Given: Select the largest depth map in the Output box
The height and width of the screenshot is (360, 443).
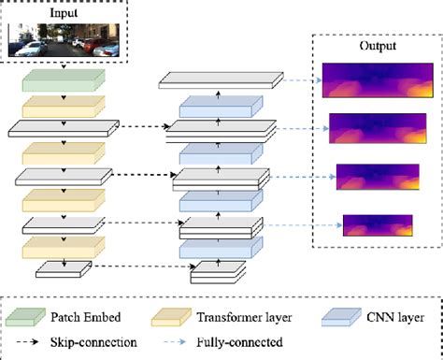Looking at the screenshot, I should (371, 79).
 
